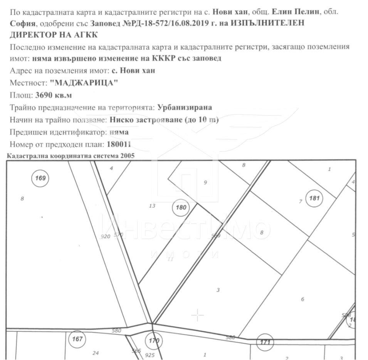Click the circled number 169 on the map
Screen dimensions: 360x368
[40, 178]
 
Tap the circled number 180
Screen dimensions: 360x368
[181, 208]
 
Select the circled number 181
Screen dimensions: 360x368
[314, 199]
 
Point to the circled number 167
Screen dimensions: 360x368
[77, 340]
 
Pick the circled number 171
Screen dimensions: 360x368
[265, 342]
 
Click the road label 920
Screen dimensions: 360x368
[105, 236]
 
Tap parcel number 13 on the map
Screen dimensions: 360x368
[152, 206]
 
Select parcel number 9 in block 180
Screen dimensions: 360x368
[205, 182]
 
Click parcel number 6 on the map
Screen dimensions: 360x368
[302, 299]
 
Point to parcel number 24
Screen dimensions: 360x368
[96, 353]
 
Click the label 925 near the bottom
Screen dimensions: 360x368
[150, 355]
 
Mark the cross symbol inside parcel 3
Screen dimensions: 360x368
[197, 315]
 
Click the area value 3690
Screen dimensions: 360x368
[44, 95]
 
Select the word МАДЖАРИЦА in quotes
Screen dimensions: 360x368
[84, 83]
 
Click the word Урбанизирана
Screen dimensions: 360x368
[185, 107]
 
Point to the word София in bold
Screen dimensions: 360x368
[22, 23]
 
